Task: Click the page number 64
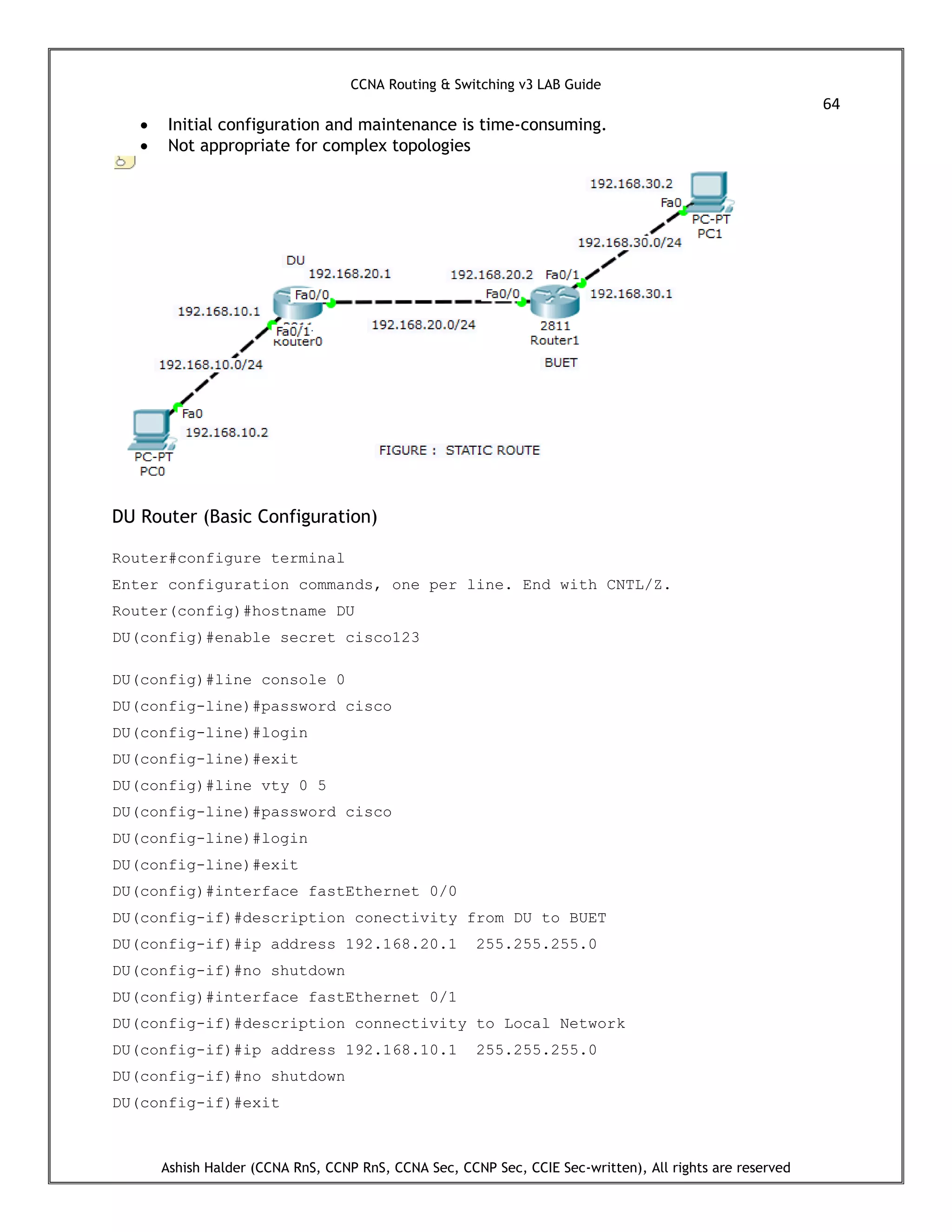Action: [x=831, y=104]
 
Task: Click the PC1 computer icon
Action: [x=711, y=191]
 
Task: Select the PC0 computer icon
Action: [x=151, y=430]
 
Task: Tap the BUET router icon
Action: [x=555, y=301]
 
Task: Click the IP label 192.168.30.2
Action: [x=631, y=184]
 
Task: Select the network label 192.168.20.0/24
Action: [x=423, y=325]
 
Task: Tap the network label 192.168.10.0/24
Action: [x=211, y=365]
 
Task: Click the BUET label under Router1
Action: [x=561, y=363]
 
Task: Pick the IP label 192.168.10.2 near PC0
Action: [x=227, y=433]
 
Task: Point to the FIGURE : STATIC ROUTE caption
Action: [x=459, y=450]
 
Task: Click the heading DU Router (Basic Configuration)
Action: [x=244, y=517]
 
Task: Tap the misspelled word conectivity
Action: [x=405, y=918]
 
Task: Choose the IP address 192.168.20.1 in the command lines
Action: [x=401, y=945]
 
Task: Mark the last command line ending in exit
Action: [x=196, y=1103]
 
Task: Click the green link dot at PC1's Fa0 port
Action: [x=683, y=212]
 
